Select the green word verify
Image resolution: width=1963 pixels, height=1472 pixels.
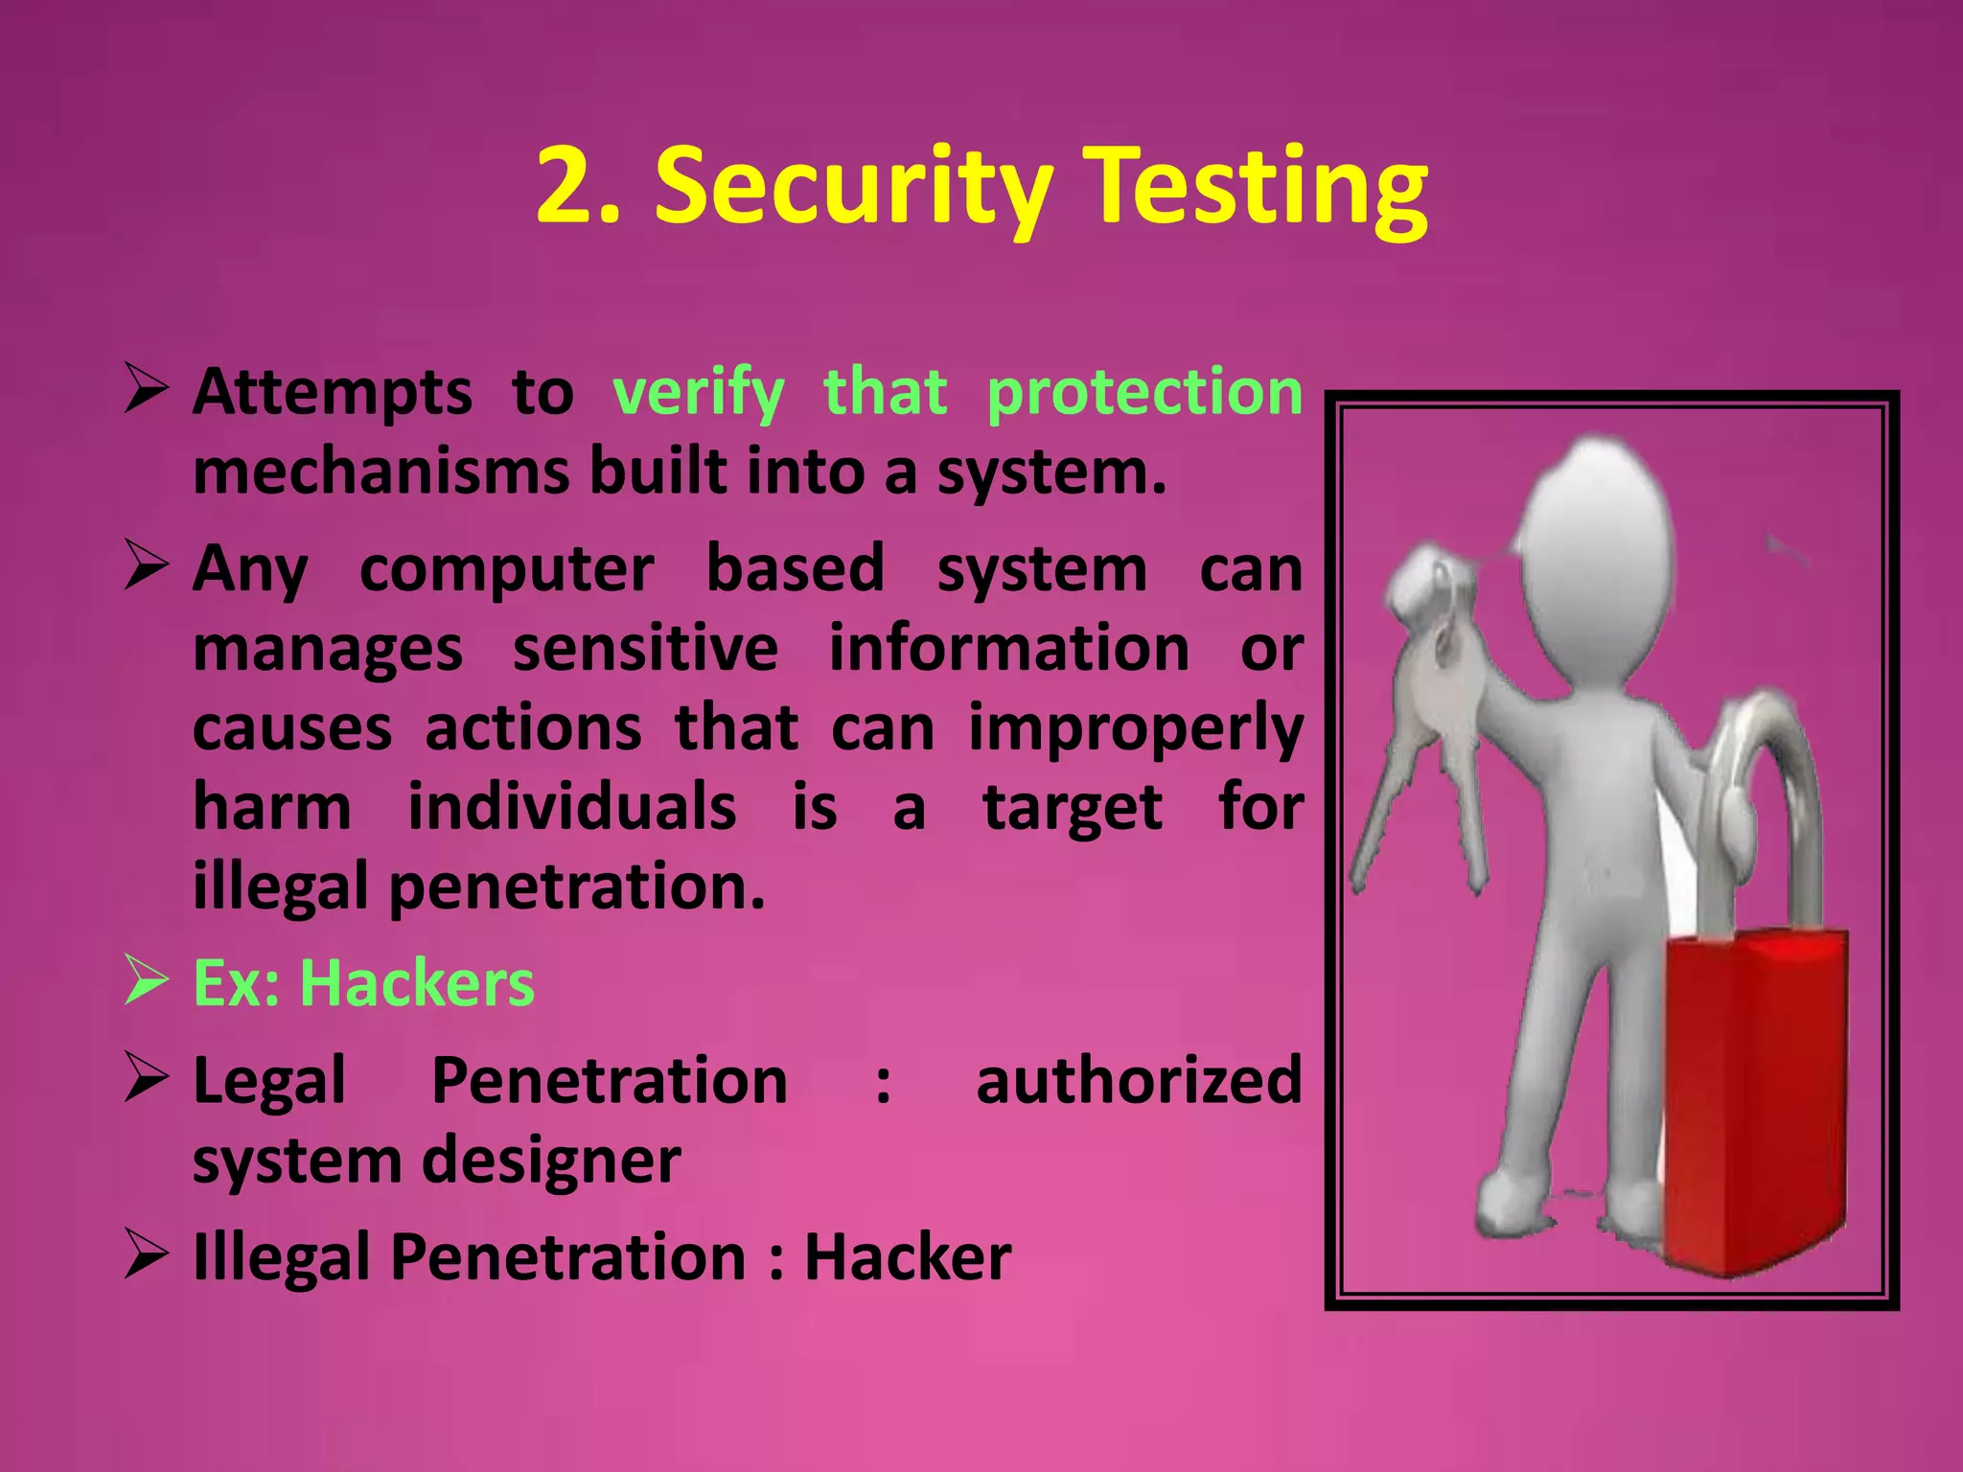[698, 394]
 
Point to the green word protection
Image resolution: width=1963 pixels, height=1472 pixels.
[1144, 394]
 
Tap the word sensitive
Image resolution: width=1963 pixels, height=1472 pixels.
[645, 649]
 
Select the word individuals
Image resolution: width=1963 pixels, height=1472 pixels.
[572, 807]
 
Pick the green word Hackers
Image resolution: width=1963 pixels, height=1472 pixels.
[417, 984]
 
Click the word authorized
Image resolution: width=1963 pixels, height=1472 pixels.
[1139, 1081]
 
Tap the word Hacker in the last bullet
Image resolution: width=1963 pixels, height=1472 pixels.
[907, 1257]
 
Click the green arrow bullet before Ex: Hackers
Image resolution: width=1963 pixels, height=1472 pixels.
[147, 983]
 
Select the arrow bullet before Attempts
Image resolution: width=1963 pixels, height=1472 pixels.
[147, 392]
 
